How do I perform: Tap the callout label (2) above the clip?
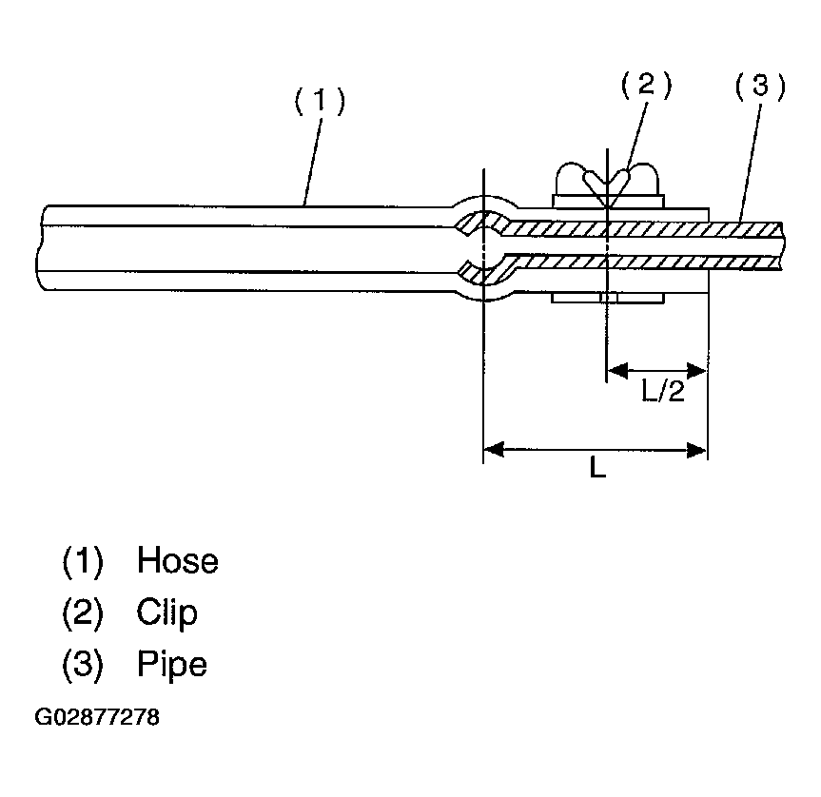coord(646,86)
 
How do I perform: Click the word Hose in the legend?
coord(177,560)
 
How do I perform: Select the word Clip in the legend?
coord(167,612)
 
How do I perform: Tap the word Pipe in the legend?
coord(171,663)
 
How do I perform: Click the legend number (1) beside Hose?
coord(82,560)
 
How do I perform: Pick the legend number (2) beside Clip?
coord(82,612)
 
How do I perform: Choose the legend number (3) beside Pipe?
coord(82,663)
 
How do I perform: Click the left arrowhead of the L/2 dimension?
coord(616,368)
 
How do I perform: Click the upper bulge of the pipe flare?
coord(483,215)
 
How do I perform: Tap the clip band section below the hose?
coord(607,300)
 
